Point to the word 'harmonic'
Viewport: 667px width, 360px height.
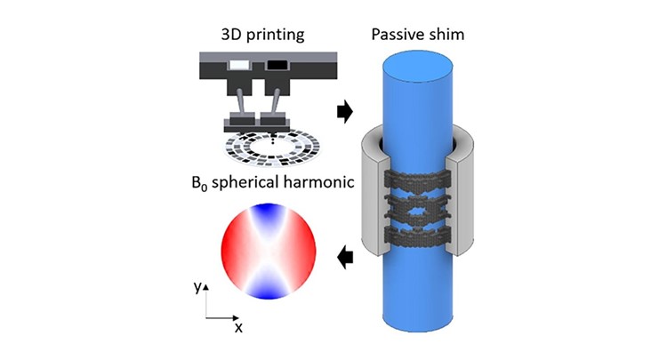[317, 182]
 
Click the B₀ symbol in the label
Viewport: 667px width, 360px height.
[199, 183]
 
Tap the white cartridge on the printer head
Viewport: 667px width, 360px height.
[239, 65]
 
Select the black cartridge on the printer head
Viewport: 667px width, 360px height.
[277, 65]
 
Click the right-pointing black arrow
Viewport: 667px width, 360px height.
[345, 112]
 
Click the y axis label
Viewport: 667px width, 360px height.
[197, 287]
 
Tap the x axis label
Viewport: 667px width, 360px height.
[238, 328]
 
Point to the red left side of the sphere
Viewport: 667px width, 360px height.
[233, 252]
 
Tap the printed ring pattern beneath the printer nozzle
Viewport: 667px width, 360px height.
[272, 148]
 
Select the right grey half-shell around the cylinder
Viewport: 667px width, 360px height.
[460, 190]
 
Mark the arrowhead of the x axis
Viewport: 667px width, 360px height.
[237, 317]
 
